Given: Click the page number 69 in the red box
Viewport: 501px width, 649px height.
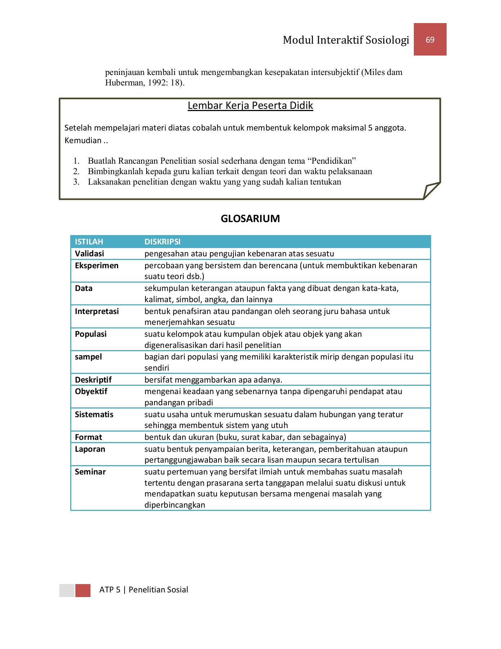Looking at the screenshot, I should click(430, 40).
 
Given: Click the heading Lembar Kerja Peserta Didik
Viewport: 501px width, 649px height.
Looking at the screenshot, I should click(250, 106).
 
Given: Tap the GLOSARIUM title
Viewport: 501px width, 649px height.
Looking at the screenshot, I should click(250, 218).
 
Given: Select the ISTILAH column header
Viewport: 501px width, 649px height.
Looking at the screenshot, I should click(89, 242).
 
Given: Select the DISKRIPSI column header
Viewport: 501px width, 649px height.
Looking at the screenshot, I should click(162, 242).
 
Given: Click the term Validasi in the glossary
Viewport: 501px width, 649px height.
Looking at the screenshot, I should click(89, 253).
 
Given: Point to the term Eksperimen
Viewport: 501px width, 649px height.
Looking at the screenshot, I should click(97, 266).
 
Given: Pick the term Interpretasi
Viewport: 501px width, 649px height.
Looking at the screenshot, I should click(97, 311).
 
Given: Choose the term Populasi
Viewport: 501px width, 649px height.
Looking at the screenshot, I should click(90, 334).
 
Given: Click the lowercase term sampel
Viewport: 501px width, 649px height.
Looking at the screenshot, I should click(88, 357).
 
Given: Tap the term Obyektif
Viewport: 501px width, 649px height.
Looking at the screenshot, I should click(91, 391).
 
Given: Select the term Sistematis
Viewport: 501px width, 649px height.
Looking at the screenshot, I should click(94, 414).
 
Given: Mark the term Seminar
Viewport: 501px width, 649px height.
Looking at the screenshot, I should click(90, 472).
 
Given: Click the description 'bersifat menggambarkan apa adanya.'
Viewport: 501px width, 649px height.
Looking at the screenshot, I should click(213, 380).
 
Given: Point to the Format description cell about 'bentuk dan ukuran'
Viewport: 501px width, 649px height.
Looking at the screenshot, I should click(245, 437).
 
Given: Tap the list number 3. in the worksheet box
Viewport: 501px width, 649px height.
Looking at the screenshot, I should click(76, 182).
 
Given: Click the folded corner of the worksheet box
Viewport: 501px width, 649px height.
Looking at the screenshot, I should click(430, 190).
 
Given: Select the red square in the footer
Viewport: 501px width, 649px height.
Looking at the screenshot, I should click(83, 590).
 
